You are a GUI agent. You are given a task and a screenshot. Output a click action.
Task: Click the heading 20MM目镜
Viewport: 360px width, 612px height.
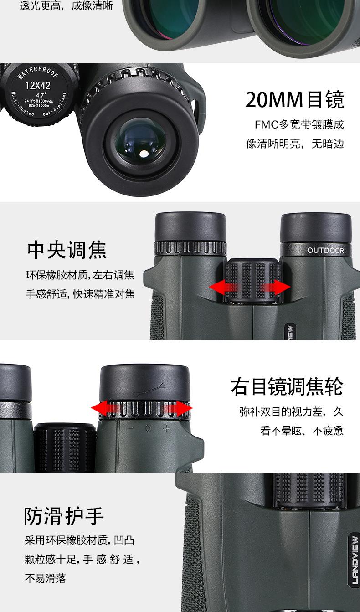click(x=295, y=100)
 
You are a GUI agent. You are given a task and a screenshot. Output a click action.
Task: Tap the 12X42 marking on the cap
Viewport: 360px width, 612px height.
click(x=38, y=85)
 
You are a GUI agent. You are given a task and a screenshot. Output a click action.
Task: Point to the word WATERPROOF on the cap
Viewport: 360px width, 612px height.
click(x=38, y=73)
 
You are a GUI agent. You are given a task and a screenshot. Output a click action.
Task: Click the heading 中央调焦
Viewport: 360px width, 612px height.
click(x=67, y=250)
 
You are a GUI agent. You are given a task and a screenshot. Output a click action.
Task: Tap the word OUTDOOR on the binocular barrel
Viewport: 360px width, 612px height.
click(x=325, y=251)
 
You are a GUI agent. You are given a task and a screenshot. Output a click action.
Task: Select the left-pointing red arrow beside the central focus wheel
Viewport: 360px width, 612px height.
click(x=222, y=287)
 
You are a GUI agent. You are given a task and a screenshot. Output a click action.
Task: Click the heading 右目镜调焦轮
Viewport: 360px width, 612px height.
click(x=287, y=387)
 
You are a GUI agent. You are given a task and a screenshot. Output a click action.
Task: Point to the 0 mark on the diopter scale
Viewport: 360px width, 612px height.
click(x=148, y=428)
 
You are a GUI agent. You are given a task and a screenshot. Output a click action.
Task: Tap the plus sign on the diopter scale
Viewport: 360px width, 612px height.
click(x=166, y=428)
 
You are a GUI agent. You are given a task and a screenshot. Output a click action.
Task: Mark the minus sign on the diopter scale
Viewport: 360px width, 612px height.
click(x=129, y=428)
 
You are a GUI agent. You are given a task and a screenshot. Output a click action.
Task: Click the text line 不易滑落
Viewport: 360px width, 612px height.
click(x=45, y=579)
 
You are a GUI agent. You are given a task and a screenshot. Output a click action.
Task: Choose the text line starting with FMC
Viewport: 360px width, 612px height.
click(x=299, y=124)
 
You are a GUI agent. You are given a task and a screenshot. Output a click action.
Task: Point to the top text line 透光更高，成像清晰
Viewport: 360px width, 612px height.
click(x=67, y=7)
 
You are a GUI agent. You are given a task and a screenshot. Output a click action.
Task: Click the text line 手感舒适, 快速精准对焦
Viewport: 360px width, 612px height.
click(x=80, y=294)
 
